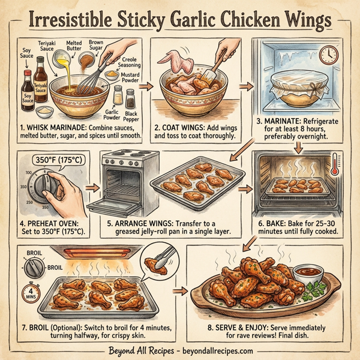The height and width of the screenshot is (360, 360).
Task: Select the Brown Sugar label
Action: click(x=96, y=46)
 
